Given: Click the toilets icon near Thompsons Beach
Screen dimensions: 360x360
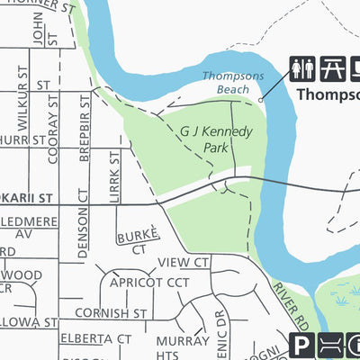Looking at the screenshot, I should point(302,70).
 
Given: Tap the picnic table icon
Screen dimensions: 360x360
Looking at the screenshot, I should point(332,70).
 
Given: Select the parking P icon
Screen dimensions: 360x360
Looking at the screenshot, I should point(302,346).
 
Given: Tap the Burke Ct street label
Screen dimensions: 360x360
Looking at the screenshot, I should point(138,240).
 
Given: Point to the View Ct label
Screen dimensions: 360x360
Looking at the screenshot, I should point(183,262).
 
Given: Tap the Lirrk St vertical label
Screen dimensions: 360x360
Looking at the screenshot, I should point(114,175).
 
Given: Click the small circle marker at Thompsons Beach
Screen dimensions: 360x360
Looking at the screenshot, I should point(261,101).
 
